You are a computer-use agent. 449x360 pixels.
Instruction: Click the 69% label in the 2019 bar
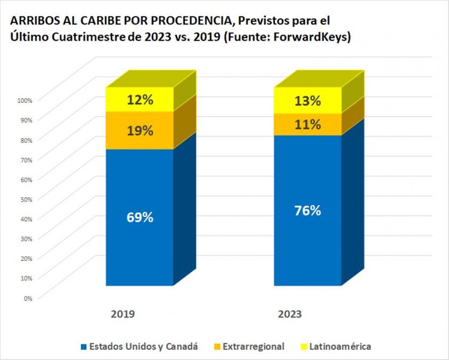(140, 218)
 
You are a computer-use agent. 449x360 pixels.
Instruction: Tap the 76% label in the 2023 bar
(308, 211)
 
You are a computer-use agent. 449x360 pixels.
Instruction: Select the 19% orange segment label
(140, 131)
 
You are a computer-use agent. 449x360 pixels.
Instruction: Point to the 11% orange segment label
(308, 125)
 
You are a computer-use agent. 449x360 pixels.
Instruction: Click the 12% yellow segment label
(140, 99)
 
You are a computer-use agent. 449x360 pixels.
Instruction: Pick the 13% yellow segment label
(308, 101)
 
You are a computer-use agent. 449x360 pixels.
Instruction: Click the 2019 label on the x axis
(123, 315)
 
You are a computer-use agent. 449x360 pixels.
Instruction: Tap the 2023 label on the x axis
(290, 315)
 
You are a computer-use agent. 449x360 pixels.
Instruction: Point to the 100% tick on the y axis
(25, 100)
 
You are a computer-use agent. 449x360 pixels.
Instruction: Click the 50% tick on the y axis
(26, 199)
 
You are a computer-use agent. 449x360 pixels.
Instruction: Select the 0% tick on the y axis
(28, 298)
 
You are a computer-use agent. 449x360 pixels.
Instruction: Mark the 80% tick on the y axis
(26, 140)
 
